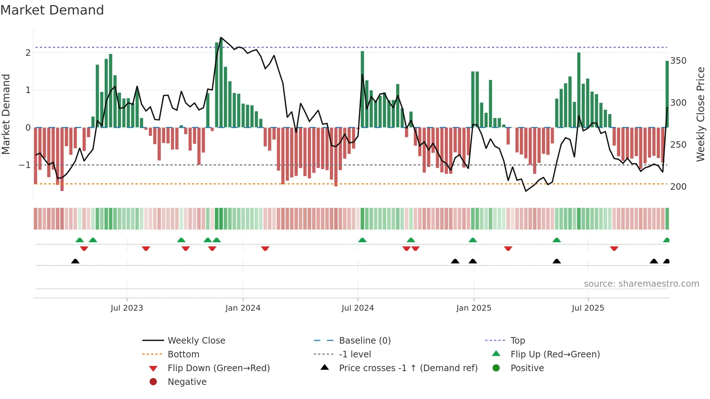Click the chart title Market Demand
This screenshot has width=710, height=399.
(x=52, y=10)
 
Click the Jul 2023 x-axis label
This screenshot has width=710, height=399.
(x=127, y=308)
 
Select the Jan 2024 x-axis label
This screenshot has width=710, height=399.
(x=243, y=308)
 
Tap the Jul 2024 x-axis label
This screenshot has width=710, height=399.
(x=358, y=308)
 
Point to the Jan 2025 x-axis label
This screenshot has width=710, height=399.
(x=473, y=308)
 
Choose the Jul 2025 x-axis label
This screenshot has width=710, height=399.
(x=588, y=308)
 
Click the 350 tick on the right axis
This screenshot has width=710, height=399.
(x=678, y=61)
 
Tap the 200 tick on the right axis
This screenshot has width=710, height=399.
(x=678, y=187)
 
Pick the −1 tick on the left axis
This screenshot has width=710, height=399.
(x=25, y=165)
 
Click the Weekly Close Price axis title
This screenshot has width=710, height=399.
(x=701, y=114)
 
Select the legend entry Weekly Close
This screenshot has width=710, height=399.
(x=196, y=341)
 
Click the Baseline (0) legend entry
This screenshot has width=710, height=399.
(x=364, y=341)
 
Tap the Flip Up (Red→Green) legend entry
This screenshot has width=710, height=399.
(x=555, y=354)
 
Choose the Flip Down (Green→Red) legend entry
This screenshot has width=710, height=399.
(x=218, y=368)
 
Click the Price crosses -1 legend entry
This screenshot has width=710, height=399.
(x=408, y=368)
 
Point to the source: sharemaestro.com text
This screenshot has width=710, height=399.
(x=641, y=284)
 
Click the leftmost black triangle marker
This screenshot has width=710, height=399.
(x=75, y=261)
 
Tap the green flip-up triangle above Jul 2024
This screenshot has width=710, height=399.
(x=362, y=240)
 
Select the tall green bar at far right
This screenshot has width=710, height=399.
(x=667, y=94)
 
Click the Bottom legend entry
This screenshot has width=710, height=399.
(x=183, y=354)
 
